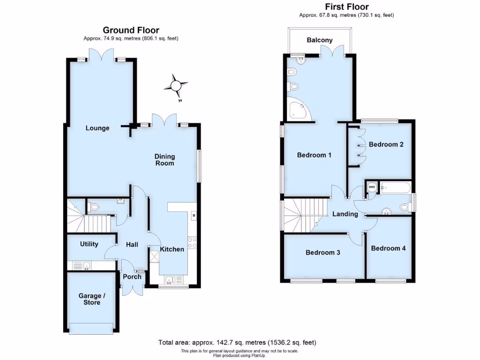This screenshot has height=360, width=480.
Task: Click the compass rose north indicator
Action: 176,86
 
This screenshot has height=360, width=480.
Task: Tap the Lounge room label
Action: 97,128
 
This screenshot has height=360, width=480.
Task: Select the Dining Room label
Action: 165,160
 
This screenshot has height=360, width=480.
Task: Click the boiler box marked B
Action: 193,216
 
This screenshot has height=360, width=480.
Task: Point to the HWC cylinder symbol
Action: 373,187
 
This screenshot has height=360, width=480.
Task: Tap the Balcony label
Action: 320,40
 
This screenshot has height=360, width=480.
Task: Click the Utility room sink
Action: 86,266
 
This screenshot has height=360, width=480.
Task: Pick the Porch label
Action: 132,277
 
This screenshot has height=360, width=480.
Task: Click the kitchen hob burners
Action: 192,242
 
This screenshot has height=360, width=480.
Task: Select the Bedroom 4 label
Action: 388,248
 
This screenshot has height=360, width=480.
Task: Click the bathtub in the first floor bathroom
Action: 396,188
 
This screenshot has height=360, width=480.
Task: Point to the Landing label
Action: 345,214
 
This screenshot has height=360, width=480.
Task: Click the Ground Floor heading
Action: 131,30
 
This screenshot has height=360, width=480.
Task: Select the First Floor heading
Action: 346,7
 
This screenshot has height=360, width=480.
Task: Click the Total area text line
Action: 240,343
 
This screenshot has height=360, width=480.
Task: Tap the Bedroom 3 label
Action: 323,253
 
